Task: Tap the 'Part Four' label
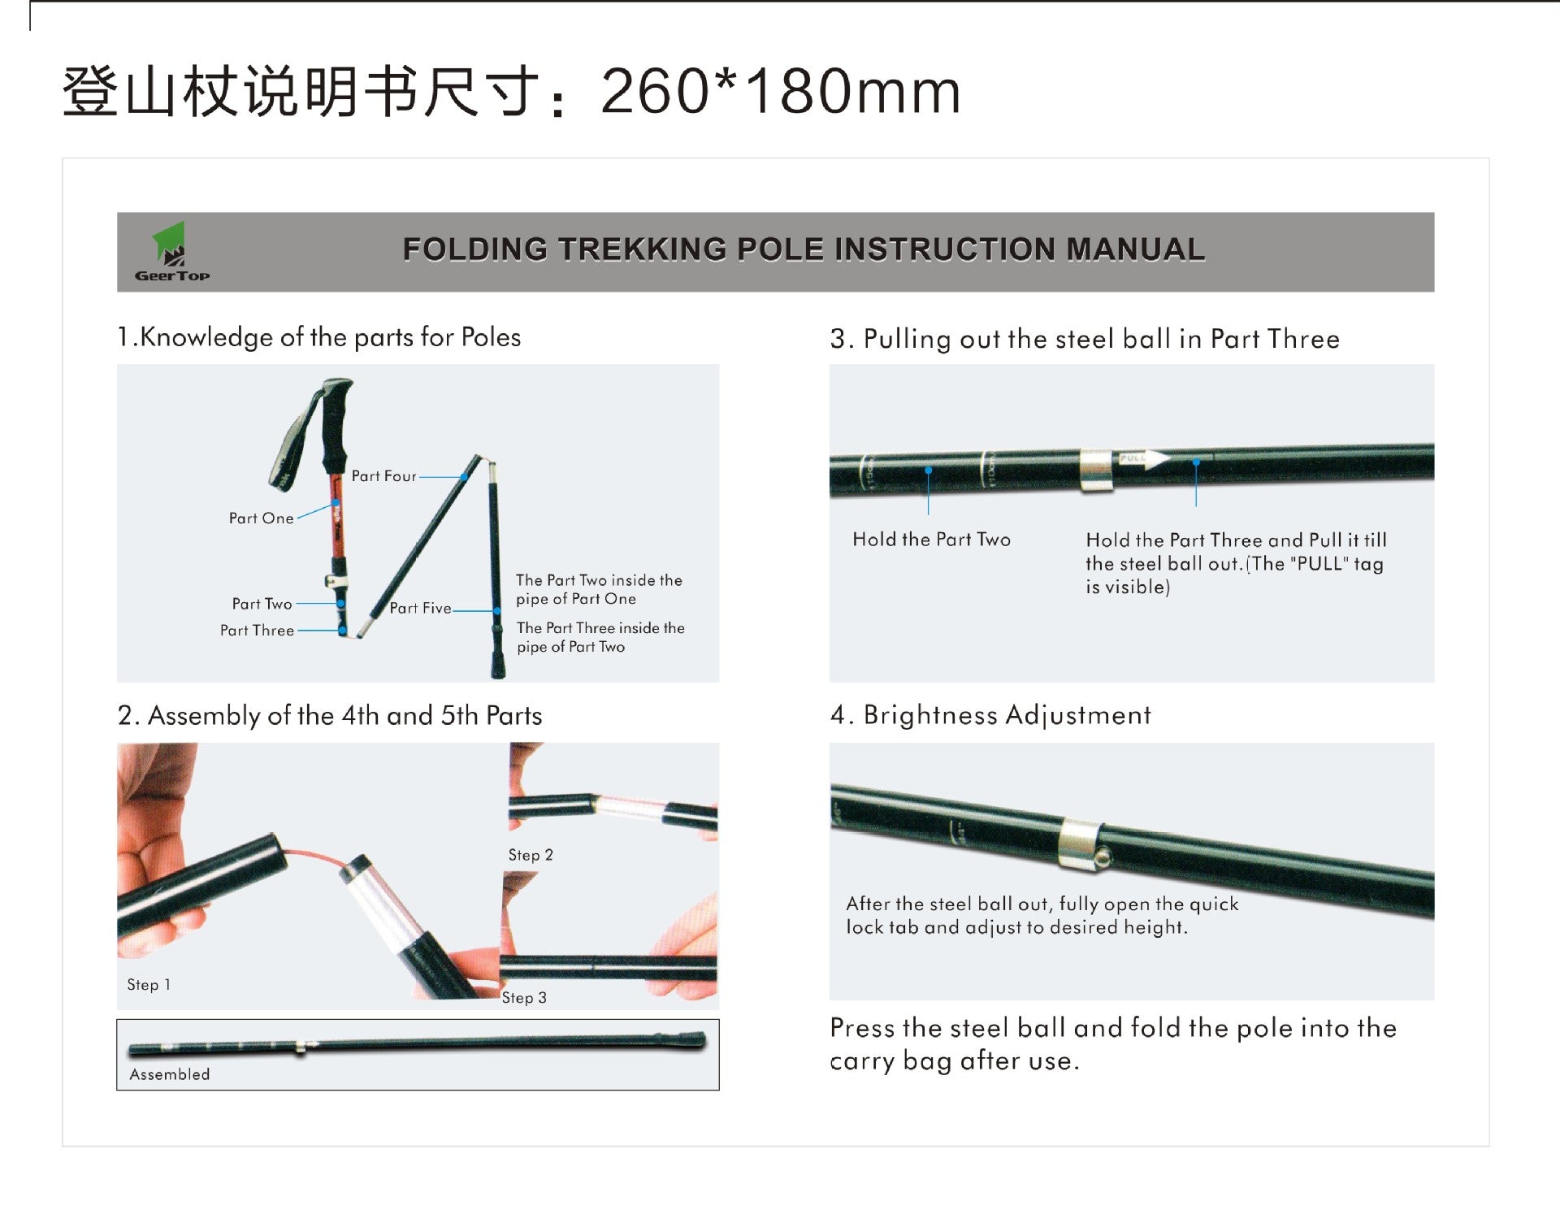pyautogui.click(x=383, y=476)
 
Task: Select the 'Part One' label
pyautogui.click(x=261, y=518)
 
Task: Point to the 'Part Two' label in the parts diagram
pyautogui.click(x=262, y=604)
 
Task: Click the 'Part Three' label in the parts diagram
pyautogui.click(x=257, y=631)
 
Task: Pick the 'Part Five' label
pyautogui.click(x=420, y=608)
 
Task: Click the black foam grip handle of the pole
pyautogui.click(x=336, y=427)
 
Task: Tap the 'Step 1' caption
pyautogui.click(x=149, y=985)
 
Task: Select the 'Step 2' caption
pyautogui.click(x=531, y=855)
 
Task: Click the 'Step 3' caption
pyautogui.click(x=524, y=998)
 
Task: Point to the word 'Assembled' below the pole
pyautogui.click(x=170, y=1074)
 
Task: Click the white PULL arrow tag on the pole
pyautogui.click(x=1142, y=459)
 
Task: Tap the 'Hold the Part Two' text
pyautogui.click(x=931, y=540)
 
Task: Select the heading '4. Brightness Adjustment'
pyautogui.click(x=990, y=715)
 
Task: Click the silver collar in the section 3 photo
pyautogui.click(x=1095, y=469)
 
